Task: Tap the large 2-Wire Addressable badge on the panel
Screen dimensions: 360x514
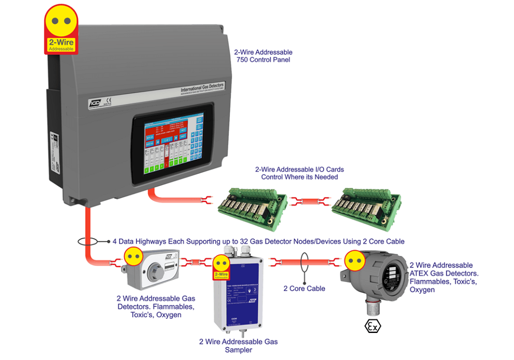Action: tap(61, 30)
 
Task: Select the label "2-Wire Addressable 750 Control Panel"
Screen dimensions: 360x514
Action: tap(263, 56)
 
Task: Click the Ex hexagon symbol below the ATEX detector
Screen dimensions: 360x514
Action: tap(372, 327)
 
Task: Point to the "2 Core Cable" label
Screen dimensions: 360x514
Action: tap(304, 289)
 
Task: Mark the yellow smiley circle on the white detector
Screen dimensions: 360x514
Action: tap(133, 256)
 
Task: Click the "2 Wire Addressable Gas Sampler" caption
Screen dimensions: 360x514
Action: tap(238, 346)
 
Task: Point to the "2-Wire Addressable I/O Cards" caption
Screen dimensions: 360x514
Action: tap(299, 173)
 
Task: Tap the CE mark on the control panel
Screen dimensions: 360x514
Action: tap(108, 99)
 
